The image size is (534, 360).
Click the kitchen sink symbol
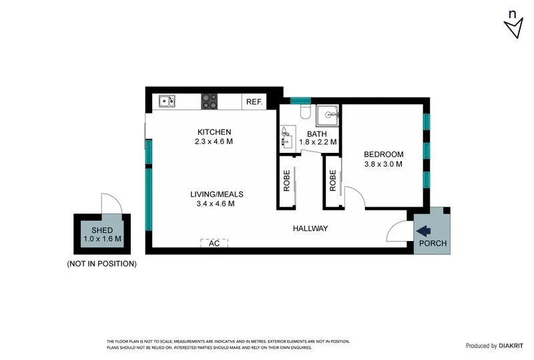(x=167, y=102)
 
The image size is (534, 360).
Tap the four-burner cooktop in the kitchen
(x=210, y=102)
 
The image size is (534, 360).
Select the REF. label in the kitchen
(x=254, y=102)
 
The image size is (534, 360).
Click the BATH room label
(x=318, y=133)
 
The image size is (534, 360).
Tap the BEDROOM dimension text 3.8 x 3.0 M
(x=383, y=164)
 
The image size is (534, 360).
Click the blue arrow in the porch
(x=423, y=230)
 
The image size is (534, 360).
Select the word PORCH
(x=432, y=244)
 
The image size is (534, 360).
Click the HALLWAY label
(x=310, y=229)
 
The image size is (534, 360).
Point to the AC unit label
(x=214, y=244)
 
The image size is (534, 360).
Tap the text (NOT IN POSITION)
(x=101, y=264)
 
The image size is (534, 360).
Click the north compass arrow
(x=513, y=27)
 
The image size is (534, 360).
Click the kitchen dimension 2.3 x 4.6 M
(x=214, y=142)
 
